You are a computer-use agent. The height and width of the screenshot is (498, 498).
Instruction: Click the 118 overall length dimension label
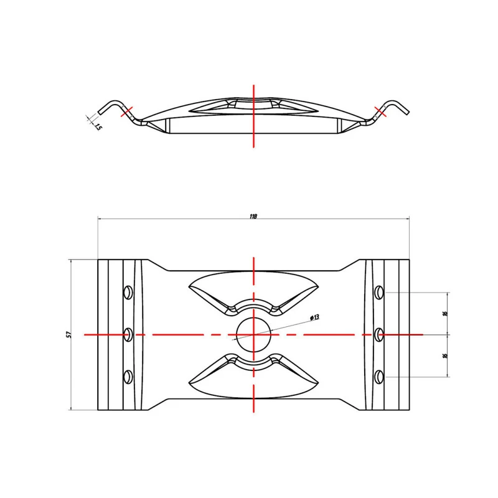coord(253,216)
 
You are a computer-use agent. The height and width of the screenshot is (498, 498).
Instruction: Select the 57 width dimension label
coord(69,334)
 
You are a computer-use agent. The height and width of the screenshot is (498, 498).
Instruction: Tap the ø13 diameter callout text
coord(314,317)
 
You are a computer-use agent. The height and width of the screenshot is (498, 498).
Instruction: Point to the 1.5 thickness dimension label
coord(98,127)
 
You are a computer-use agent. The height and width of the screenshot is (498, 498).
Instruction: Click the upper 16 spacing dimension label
coord(444,313)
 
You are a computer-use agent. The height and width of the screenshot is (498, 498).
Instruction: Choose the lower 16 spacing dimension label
coord(444,355)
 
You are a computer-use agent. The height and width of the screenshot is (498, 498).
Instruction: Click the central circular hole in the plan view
coord(254,335)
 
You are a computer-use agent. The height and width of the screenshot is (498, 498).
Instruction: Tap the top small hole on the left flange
coord(128,292)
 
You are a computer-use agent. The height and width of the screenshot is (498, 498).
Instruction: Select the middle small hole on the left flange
coord(128,334)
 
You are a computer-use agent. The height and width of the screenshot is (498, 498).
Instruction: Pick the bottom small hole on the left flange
coord(128,377)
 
